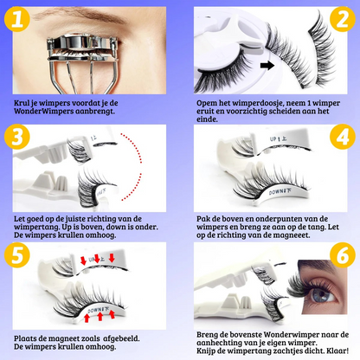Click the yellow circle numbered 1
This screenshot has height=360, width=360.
tap(17, 19)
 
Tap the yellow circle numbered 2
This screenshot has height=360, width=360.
tap(343, 19)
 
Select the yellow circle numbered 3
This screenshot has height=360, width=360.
tap(17, 137)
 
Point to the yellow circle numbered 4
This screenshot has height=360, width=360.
tap(343, 137)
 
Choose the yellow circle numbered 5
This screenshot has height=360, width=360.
tap(17, 254)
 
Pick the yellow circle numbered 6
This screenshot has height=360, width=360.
tap(343, 255)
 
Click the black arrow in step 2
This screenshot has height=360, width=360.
tap(267, 66)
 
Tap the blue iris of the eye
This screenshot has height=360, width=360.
tap(322, 293)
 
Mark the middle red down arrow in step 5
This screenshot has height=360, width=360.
tap(97, 259)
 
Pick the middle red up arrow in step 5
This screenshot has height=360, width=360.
tap(100, 316)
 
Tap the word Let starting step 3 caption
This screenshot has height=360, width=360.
tap(19, 219)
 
